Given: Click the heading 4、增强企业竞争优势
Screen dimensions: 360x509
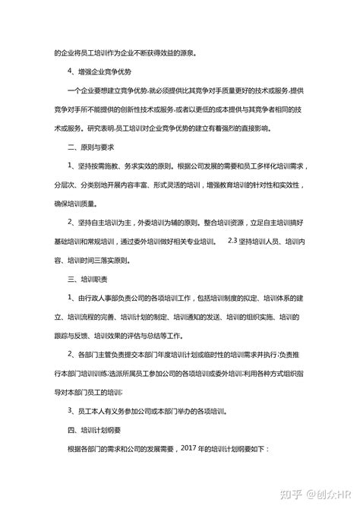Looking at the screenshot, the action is point(99,71).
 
